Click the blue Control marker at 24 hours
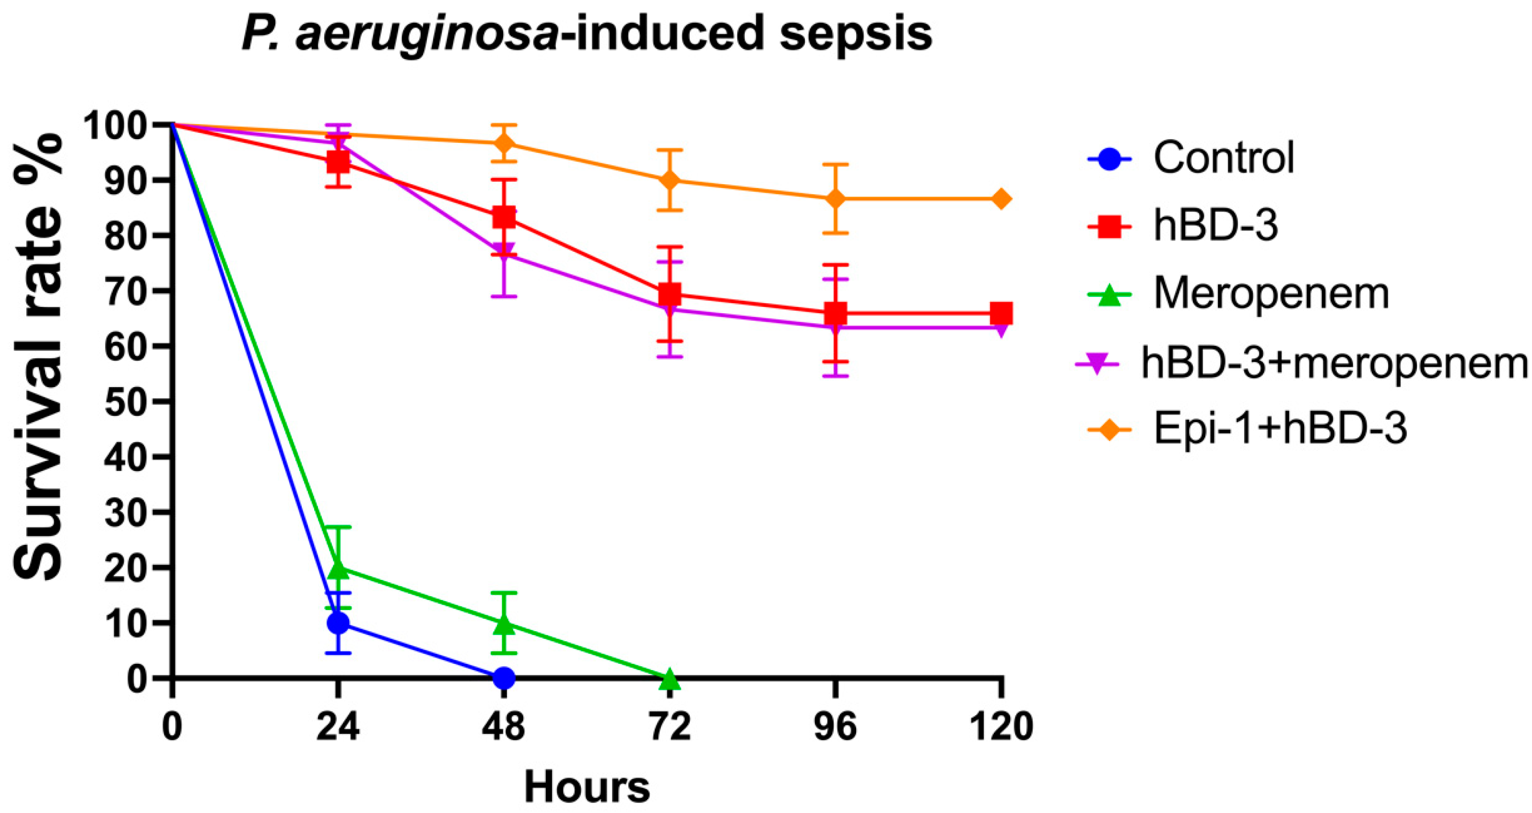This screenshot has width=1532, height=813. click(x=338, y=623)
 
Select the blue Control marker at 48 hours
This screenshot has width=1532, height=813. click(x=504, y=677)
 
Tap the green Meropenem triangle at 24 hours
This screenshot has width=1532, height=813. click(x=338, y=568)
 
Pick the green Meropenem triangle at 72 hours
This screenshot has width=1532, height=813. click(x=670, y=677)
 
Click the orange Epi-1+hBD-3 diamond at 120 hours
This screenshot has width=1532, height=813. click(x=1002, y=199)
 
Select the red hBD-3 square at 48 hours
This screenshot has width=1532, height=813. click(x=504, y=217)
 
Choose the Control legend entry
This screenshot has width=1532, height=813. click(x=1223, y=158)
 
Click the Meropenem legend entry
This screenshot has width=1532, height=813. click(x=1271, y=294)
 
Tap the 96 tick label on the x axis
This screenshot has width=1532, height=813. click(x=836, y=727)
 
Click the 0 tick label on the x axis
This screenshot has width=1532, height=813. click(x=172, y=727)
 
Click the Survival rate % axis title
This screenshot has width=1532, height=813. click(x=37, y=357)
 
